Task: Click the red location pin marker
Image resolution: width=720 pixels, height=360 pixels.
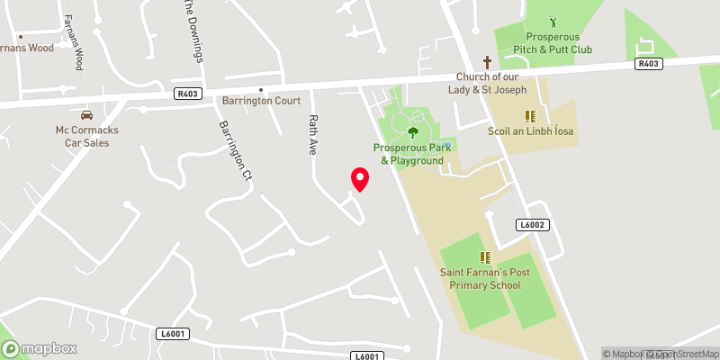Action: point(359,179)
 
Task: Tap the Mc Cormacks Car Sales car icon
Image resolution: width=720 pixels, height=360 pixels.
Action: point(86,115)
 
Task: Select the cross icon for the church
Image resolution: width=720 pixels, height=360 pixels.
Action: point(488,62)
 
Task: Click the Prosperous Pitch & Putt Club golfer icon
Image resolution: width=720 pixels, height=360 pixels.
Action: point(553,20)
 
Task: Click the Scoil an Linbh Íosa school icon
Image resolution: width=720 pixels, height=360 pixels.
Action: point(530,116)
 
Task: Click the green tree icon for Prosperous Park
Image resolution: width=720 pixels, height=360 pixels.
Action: point(413,132)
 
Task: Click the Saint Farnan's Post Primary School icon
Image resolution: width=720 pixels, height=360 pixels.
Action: point(485,257)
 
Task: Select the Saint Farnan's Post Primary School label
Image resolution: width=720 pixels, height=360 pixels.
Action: point(485,278)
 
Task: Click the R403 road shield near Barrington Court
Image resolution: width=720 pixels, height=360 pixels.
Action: point(189,93)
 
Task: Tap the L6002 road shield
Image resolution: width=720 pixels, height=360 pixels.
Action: point(530,224)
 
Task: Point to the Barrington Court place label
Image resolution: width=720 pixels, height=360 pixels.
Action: point(262,101)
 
